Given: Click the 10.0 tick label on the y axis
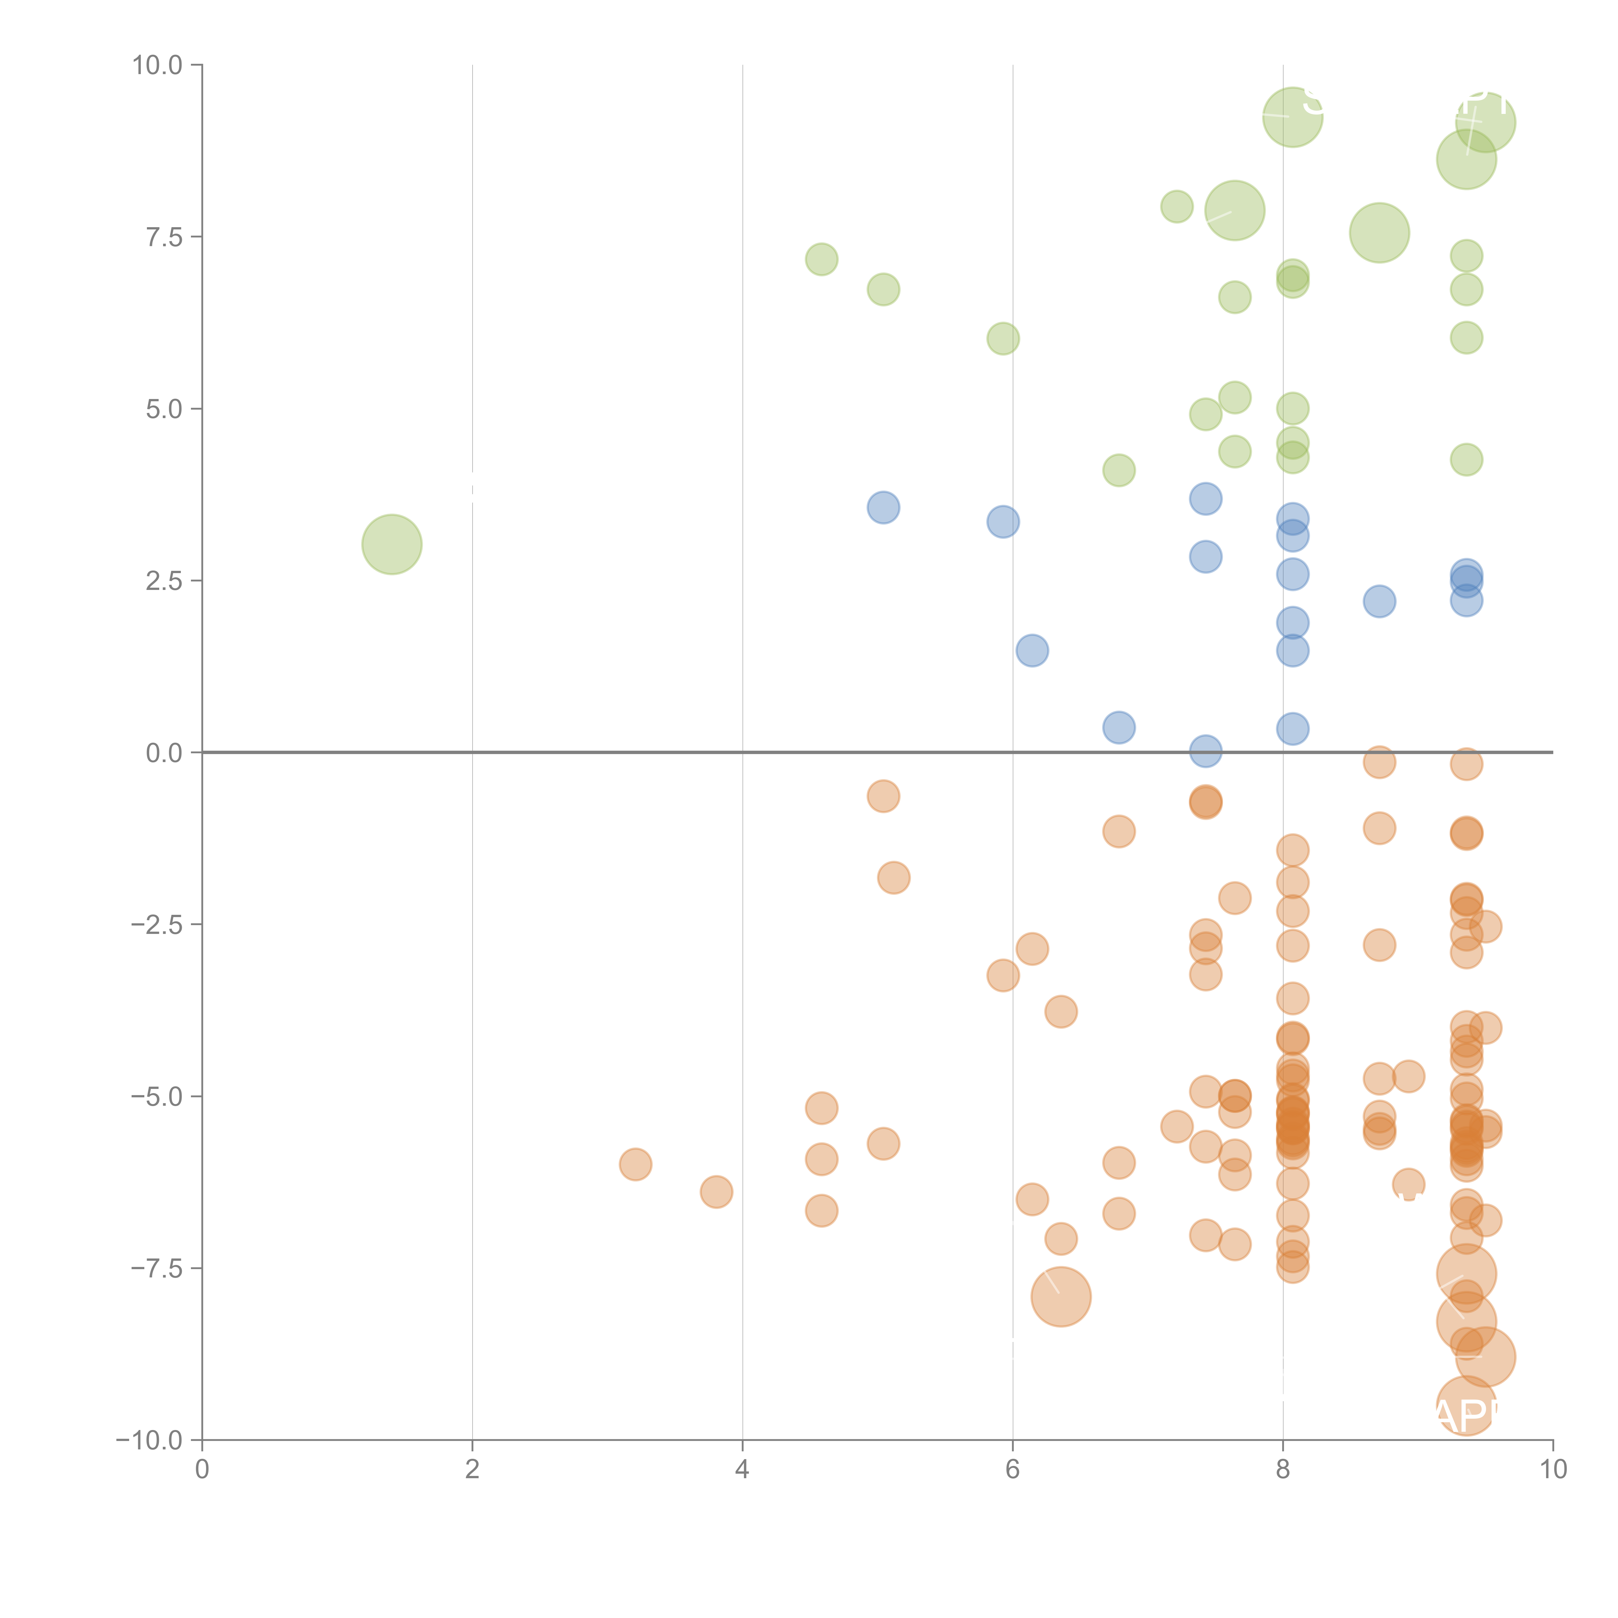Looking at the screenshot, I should tap(158, 65).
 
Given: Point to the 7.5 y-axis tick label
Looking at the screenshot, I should tap(164, 237).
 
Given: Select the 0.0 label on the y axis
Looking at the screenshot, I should tap(164, 753).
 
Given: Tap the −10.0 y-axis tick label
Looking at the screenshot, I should tap(149, 1440).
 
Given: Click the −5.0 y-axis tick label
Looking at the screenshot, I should tap(157, 1096).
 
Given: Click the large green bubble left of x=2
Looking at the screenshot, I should tap(392, 544).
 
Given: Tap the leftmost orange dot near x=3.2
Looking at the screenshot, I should tap(636, 1164).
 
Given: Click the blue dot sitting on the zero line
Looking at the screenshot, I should tap(1205, 751).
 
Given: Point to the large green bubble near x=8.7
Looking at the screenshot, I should tap(1379, 233).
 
